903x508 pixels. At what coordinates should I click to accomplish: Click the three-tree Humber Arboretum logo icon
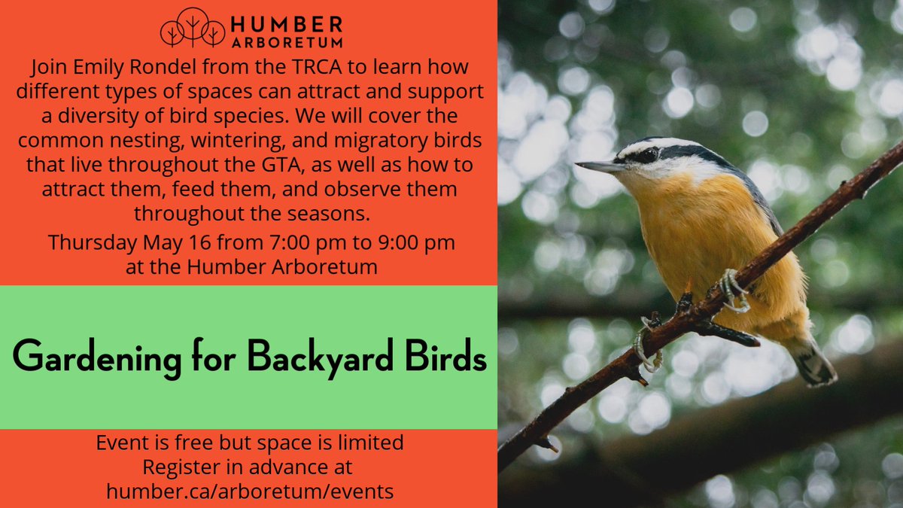tap(192, 29)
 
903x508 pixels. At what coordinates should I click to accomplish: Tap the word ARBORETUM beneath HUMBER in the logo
tap(287, 42)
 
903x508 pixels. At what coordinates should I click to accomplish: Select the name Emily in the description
tap(95, 68)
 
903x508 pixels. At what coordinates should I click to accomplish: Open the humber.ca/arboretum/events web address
tap(249, 491)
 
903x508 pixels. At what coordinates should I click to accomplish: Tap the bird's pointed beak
tap(598, 166)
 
